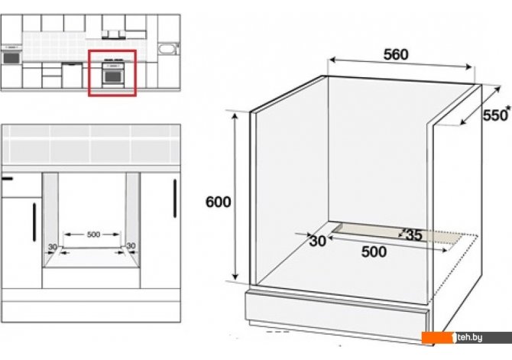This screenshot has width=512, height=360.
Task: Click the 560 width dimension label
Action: point(396,54)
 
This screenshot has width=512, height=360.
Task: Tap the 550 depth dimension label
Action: point(494,115)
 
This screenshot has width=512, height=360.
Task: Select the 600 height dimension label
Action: point(218,202)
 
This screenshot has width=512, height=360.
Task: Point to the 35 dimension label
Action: point(413,235)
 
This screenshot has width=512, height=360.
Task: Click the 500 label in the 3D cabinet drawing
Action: point(374,252)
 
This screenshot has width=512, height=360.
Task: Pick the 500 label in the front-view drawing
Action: point(93,234)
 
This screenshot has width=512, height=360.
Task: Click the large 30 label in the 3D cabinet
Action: point(317,241)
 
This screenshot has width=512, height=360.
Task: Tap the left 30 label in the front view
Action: point(53,247)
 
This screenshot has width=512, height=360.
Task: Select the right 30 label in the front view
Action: point(131,245)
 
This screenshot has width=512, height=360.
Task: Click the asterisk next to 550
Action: point(508,108)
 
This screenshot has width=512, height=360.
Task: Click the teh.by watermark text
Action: point(469,337)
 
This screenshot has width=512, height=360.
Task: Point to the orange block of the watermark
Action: point(438,338)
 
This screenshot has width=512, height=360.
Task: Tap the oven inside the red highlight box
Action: point(113,75)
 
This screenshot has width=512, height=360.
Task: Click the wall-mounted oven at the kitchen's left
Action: point(11,57)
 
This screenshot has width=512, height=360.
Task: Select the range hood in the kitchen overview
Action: point(114,34)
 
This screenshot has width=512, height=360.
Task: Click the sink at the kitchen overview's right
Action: point(168,49)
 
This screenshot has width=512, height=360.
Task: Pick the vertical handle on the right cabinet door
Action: point(175,198)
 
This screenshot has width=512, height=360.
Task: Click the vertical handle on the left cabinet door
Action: point(34,222)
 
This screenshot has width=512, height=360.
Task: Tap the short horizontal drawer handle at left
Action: point(7,178)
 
